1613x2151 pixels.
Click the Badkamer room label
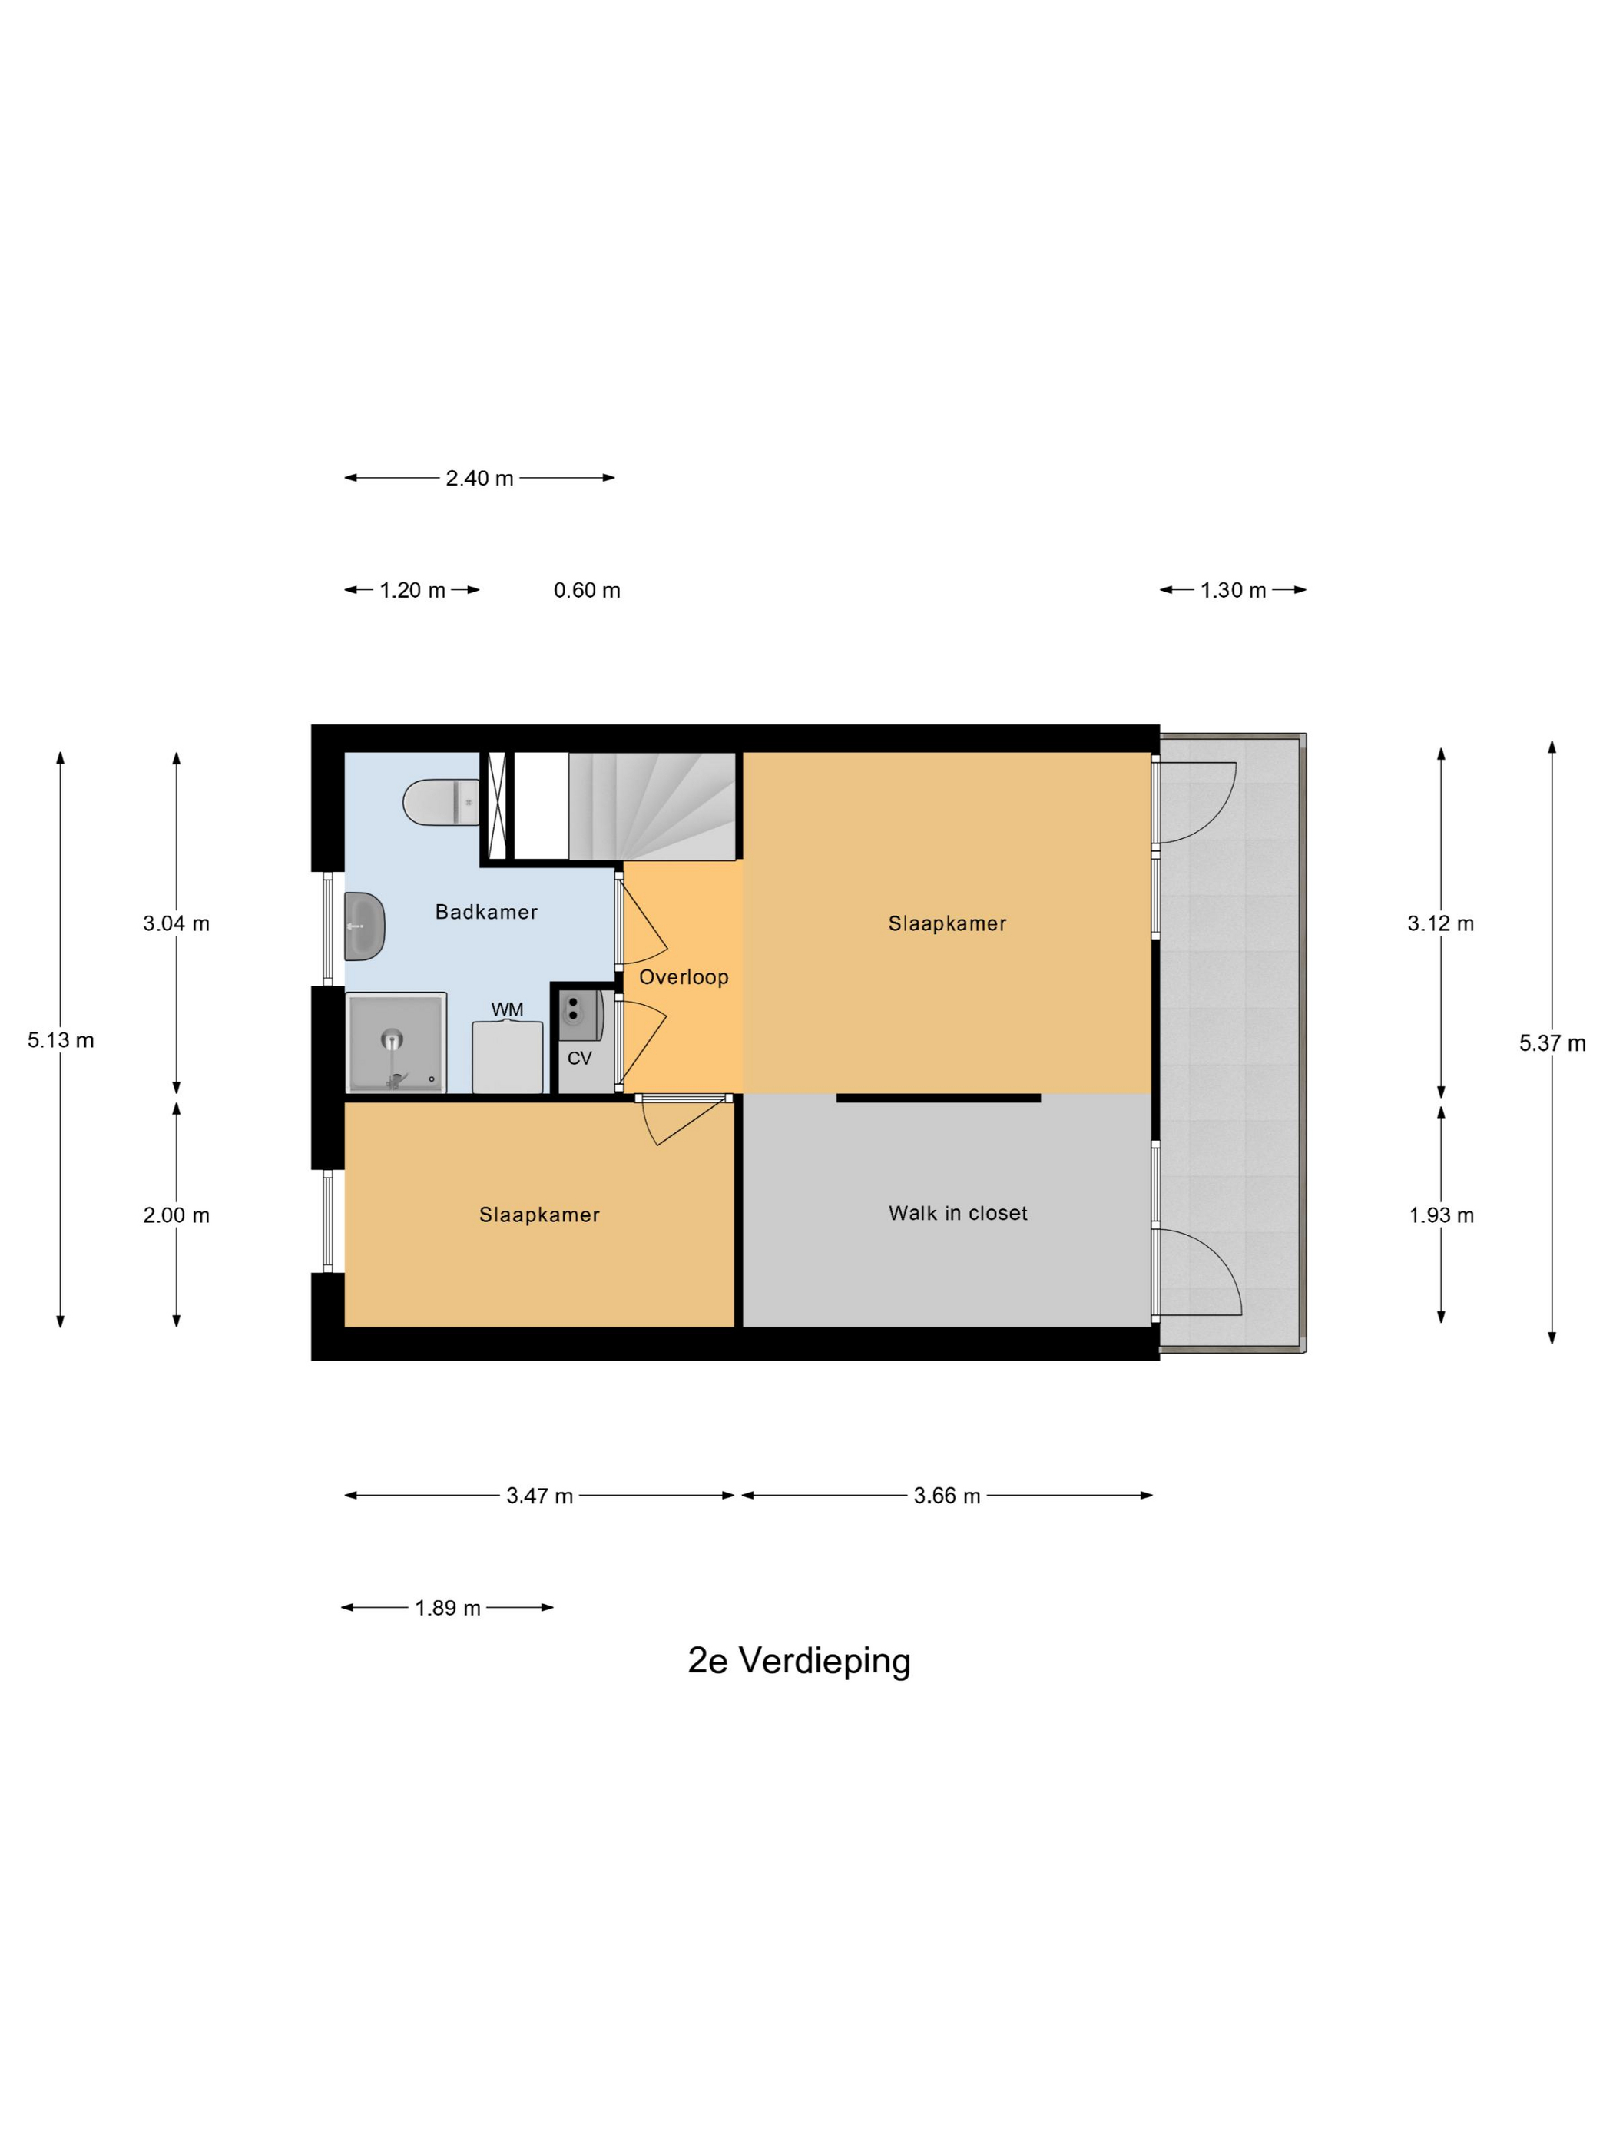point(485,911)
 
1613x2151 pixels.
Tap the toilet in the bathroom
point(442,802)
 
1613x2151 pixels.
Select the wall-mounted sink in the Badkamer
point(365,926)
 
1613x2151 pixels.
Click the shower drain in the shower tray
point(392,1039)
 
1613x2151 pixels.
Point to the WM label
point(506,1009)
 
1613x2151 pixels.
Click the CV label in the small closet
point(579,1058)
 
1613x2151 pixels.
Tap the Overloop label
point(684,976)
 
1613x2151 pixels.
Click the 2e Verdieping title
point(800,1660)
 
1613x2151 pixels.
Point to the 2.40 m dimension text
point(479,479)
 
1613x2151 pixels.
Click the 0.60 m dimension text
point(588,590)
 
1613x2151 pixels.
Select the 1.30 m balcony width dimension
point(1233,590)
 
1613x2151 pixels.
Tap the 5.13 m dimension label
point(60,1039)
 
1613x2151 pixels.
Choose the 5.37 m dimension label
point(1552,1043)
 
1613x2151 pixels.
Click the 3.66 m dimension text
point(947,1496)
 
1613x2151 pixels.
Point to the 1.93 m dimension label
point(1441,1215)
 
